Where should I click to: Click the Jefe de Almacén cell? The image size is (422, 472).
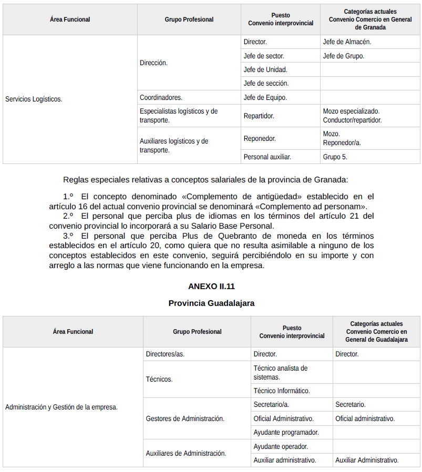pos(347,42)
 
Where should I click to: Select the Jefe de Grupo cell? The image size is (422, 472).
pos(343,56)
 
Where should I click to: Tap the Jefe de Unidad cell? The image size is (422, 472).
pos(265,69)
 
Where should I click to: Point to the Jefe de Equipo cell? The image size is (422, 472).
pos(265,97)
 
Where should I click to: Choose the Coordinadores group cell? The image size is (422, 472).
pos(161,97)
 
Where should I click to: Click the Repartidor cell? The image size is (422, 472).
pos(259,116)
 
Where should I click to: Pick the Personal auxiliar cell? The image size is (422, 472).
pos(267,157)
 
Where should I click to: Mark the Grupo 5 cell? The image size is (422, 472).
pos(335,157)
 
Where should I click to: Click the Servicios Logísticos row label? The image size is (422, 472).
pos(34,99)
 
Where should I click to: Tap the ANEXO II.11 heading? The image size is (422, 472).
pos(211,286)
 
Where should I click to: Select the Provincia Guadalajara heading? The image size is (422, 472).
pos(211,303)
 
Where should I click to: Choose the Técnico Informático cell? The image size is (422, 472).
pos(281,391)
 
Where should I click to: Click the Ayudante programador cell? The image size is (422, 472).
pos(286,432)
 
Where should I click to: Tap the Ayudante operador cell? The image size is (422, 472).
pos(280,446)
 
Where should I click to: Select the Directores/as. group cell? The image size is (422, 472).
pos(165,354)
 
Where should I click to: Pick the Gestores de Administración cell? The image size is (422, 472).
pos(184,418)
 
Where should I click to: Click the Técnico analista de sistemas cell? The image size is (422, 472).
pos(280,372)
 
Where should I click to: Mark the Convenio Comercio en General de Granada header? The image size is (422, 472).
pos(370,19)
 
